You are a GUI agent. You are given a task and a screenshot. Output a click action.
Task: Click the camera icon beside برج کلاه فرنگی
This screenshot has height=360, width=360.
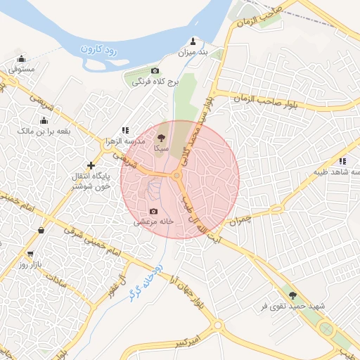click(x=155, y=71)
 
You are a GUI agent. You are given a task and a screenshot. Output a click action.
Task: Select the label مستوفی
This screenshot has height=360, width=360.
click(x=22, y=70)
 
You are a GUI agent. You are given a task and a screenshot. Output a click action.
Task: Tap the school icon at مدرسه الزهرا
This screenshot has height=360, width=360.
click(x=125, y=130)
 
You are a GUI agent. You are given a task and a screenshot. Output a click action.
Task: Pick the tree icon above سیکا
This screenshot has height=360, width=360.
click(x=161, y=138)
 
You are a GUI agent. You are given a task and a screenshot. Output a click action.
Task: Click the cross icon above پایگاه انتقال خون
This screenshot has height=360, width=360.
click(x=91, y=165)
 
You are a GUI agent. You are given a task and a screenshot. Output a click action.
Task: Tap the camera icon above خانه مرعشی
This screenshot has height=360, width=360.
click(x=153, y=211)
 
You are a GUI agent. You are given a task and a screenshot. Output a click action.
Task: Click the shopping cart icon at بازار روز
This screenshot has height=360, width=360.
click(x=30, y=254)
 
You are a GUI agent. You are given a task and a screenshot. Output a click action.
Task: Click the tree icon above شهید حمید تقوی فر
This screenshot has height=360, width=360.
click(x=292, y=296)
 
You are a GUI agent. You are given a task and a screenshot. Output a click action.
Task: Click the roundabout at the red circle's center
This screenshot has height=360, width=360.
click(x=176, y=174)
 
